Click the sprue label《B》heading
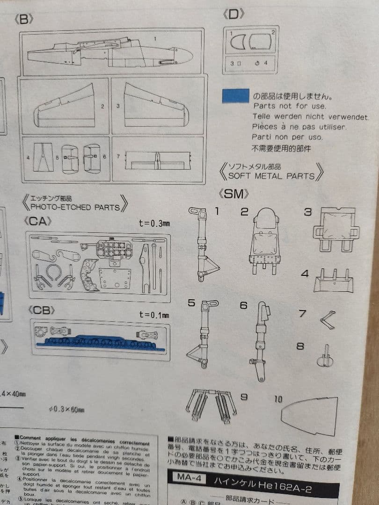tap(25, 20)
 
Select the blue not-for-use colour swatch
tap(235, 95)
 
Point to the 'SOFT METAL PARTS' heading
tap(271, 176)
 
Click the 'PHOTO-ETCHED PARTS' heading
tap(75, 207)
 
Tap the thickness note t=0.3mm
tap(154, 223)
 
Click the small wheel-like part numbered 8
tap(326, 358)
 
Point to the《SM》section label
tap(233, 194)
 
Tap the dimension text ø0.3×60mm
tap(66, 410)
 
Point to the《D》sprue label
tap(234, 14)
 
